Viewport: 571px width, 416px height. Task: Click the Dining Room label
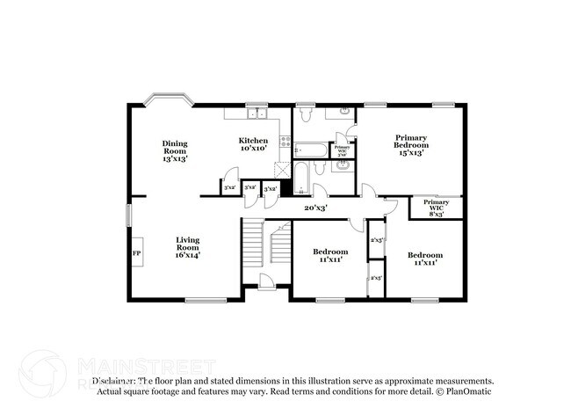click(x=175, y=150)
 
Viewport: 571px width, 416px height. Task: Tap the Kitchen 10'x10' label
click(x=255, y=145)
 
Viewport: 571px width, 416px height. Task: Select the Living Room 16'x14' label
click(x=187, y=247)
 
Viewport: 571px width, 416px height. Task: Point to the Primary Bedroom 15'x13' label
click(x=410, y=145)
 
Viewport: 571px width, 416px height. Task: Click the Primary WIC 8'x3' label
click(x=436, y=208)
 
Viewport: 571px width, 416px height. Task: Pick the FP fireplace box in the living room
click(x=137, y=253)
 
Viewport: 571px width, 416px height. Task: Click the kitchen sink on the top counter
click(x=256, y=113)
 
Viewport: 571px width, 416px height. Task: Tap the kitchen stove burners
click(x=285, y=143)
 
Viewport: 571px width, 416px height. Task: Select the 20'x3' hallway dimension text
click(x=315, y=208)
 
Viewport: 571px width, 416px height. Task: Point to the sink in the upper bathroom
click(x=344, y=112)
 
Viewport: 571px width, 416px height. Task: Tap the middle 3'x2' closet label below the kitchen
click(x=250, y=188)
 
